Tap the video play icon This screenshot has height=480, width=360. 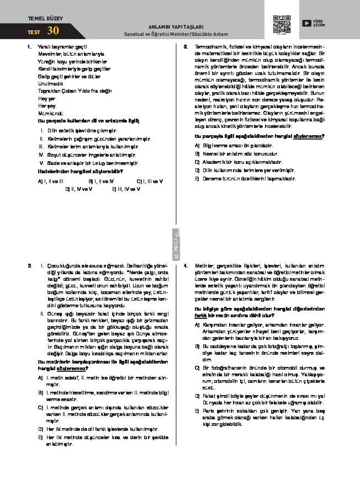[305, 23]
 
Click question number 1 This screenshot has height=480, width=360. [29, 47]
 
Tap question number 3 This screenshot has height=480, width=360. [186, 47]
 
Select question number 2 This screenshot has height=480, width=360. [29, 265]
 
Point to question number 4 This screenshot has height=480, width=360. [186, 265]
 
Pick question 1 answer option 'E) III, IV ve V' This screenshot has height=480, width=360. [126, 189]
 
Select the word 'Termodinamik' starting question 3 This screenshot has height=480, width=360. [209, 47]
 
